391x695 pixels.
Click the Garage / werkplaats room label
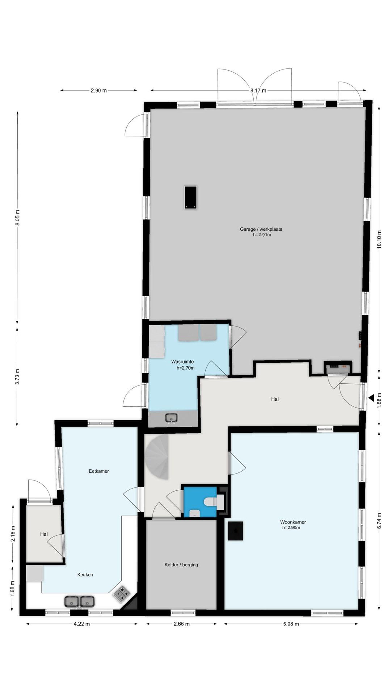261,229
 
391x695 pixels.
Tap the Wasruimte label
182,361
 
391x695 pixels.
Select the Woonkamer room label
293,522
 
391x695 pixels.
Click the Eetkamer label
99,471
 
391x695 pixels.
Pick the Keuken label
85,575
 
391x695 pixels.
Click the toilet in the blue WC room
213,502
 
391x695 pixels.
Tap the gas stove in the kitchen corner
122,594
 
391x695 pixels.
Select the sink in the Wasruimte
171,418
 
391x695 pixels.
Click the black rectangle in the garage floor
190,197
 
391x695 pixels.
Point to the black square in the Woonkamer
235,531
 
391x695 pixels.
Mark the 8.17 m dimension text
258,91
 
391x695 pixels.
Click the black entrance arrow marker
371,397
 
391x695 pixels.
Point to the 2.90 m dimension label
98,91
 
